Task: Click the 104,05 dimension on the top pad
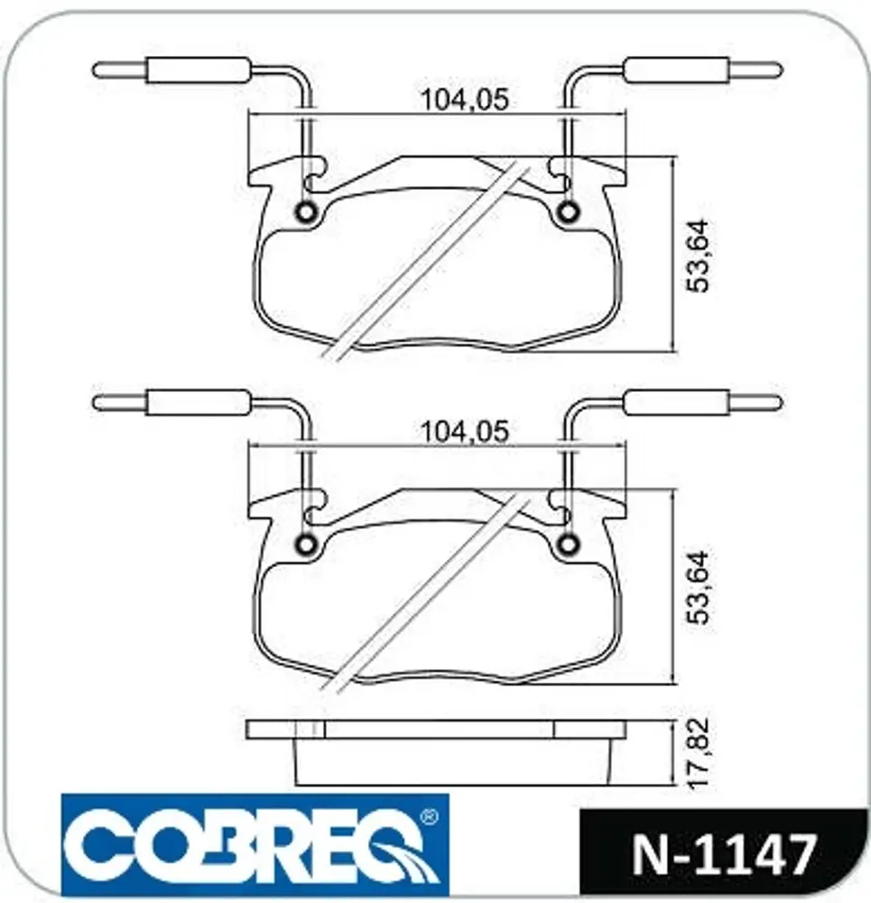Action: click(x=465, y=99)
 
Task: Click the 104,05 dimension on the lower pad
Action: click(x=465, y=432)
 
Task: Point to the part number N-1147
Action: click(x=725, y=854)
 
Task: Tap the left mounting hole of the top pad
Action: click(x=305, y=212)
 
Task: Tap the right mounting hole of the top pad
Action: click(x=569, y=212)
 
